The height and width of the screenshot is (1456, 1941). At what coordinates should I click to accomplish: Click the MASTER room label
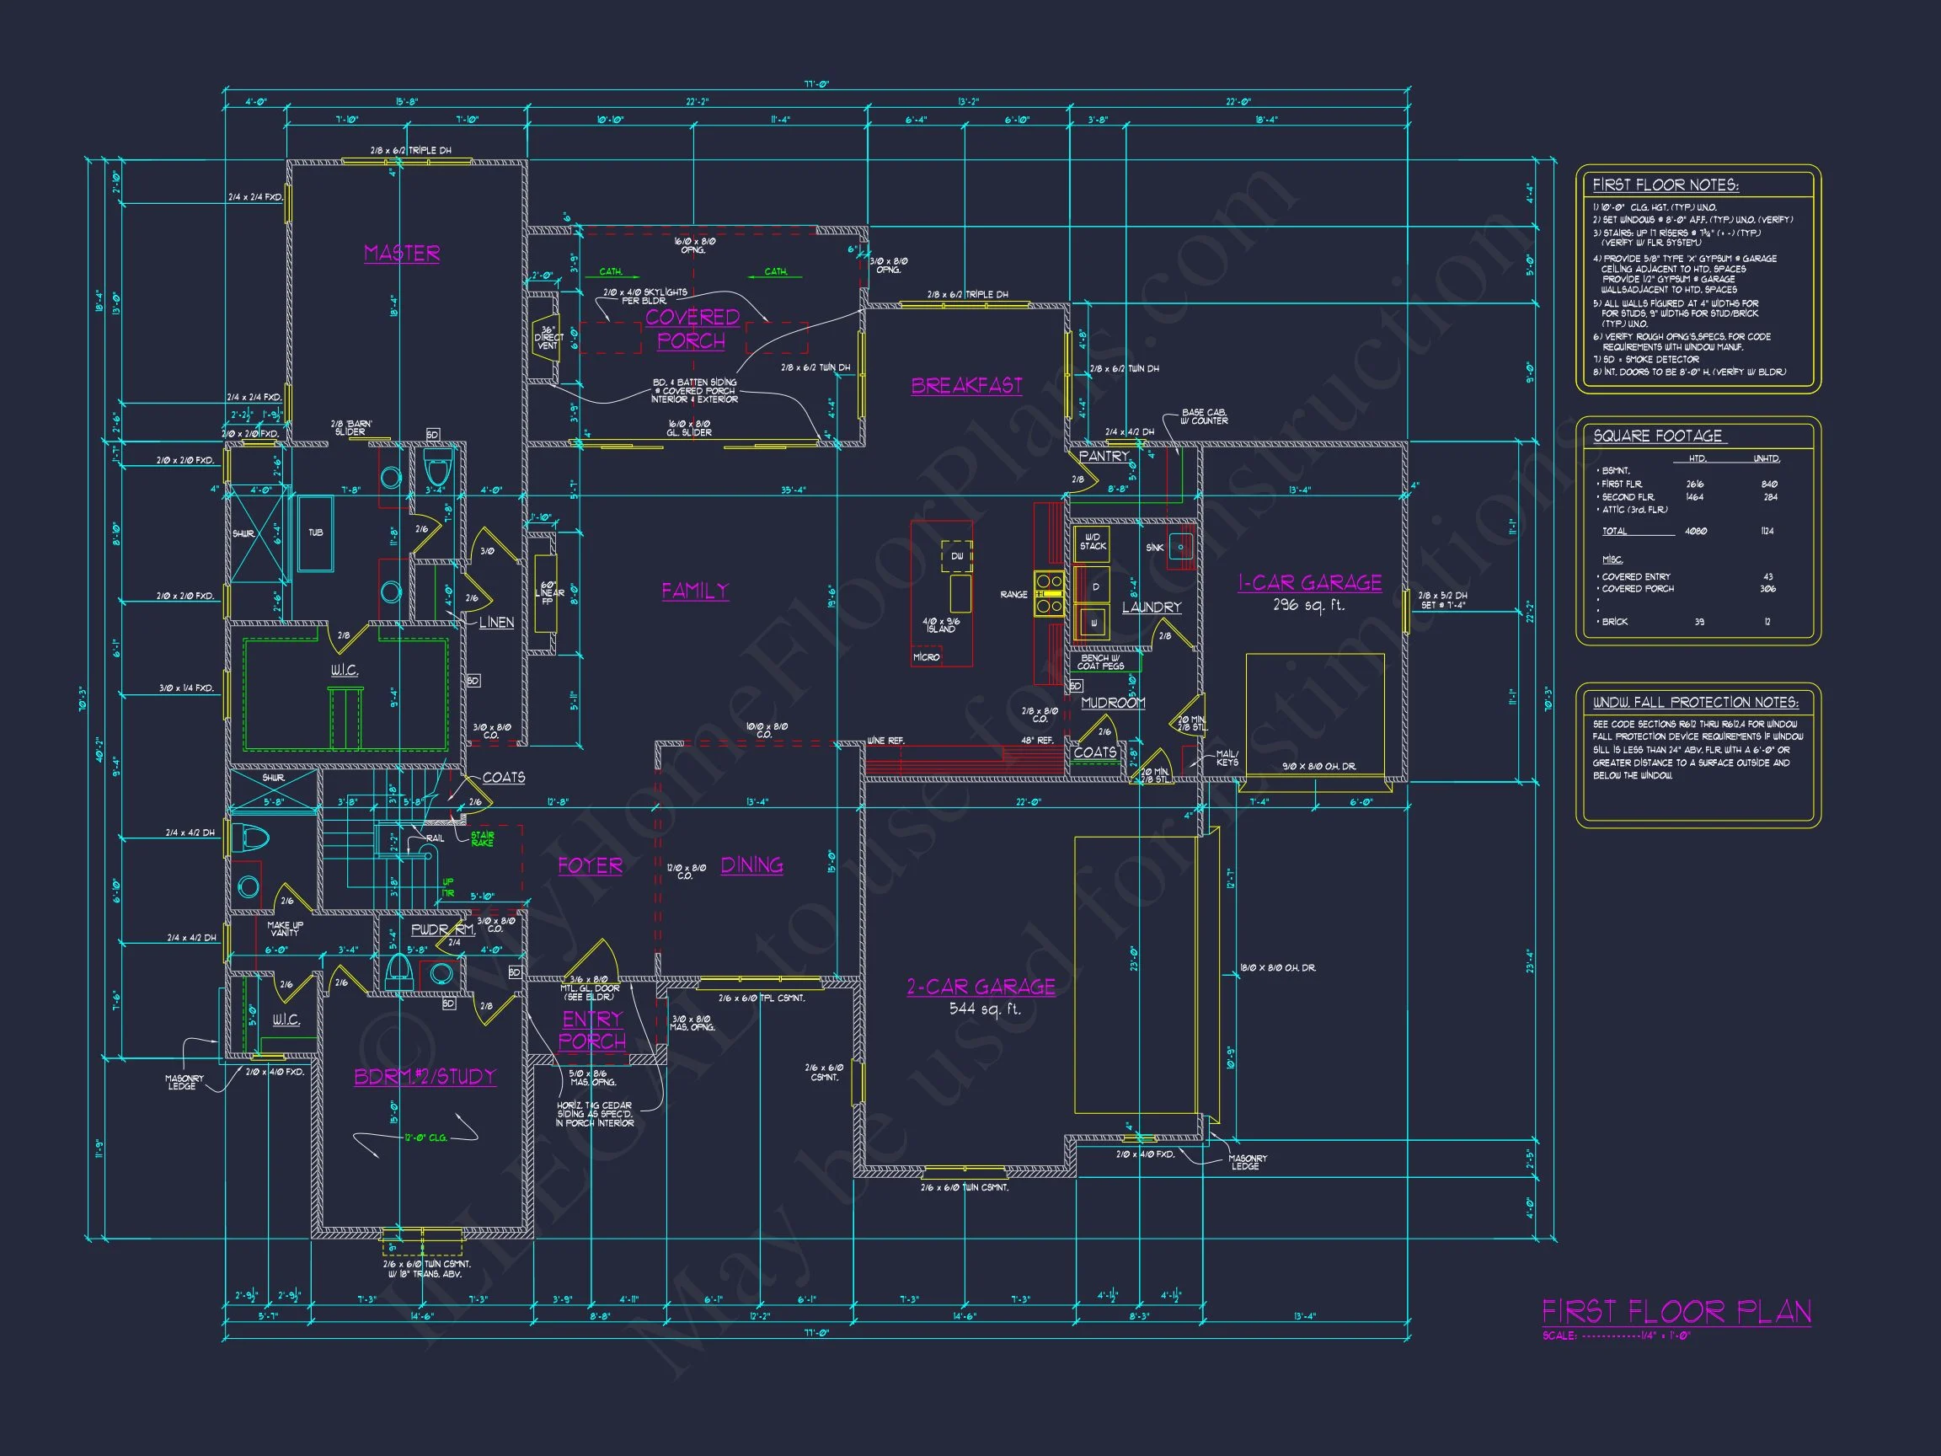pos(402,253)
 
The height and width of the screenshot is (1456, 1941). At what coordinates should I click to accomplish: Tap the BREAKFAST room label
pos(966,385)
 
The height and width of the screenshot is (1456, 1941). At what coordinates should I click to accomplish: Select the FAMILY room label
pos(695,591)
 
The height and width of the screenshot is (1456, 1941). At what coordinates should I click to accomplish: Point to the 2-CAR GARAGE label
pos(980,987)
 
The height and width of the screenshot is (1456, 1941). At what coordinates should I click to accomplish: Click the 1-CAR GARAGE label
pos(1309,583)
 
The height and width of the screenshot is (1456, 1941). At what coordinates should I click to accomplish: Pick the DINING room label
pos(752,864)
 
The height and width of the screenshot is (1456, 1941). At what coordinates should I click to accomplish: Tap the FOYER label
pos(590,865)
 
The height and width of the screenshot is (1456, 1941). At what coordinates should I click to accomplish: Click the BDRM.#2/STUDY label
pos(425,1076)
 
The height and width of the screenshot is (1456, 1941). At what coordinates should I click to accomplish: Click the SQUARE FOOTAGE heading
pos(1657,436)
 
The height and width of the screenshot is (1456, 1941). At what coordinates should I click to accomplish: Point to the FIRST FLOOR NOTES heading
pos(1665,185)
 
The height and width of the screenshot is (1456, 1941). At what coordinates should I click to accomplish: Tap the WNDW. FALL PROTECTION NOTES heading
pos(1695,702)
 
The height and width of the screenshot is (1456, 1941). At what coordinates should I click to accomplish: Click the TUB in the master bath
pos(315,533)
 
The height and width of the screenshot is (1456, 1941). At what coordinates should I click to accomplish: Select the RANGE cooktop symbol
pos(1050,593)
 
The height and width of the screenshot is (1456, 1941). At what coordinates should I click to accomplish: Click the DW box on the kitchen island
pos(956,556)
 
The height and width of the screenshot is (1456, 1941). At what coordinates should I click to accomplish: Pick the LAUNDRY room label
pos(1152,607)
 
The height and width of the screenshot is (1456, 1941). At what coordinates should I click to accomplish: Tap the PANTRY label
pos(1103,457)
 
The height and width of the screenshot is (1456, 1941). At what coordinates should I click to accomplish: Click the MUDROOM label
pos(1113,702)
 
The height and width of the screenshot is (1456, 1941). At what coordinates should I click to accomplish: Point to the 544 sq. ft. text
pos(985,1009)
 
